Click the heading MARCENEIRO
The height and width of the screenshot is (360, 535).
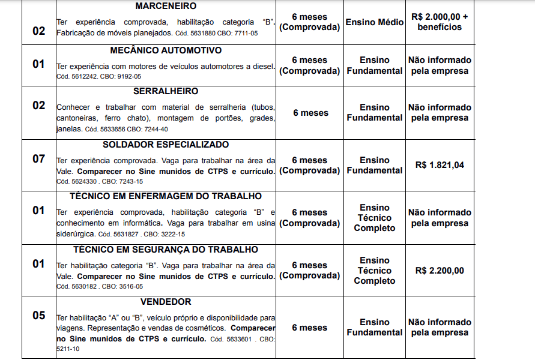166,6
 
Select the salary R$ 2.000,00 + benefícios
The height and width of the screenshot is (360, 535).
440,22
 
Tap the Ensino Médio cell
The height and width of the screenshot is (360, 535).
375,22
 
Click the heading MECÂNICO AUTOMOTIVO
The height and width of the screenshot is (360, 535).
166,50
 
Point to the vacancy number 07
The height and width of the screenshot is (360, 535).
38,160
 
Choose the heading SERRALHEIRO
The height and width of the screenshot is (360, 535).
166,91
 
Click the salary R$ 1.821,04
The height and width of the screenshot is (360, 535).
440,165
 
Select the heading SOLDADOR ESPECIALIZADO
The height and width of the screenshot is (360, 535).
166,145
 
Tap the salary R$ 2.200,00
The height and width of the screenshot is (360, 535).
440,271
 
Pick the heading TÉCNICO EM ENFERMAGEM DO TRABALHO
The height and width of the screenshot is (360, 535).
166,196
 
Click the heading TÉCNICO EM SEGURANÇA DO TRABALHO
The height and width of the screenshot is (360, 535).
166,250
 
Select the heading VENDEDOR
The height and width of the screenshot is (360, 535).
166,302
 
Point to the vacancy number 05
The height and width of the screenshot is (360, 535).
38,316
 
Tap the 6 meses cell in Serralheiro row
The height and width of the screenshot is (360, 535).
310,113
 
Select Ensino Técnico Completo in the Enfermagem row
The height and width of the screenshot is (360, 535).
375,218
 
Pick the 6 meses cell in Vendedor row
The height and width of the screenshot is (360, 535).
310,328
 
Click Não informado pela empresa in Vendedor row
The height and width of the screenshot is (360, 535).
440,328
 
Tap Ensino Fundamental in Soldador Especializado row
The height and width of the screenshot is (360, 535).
375,165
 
